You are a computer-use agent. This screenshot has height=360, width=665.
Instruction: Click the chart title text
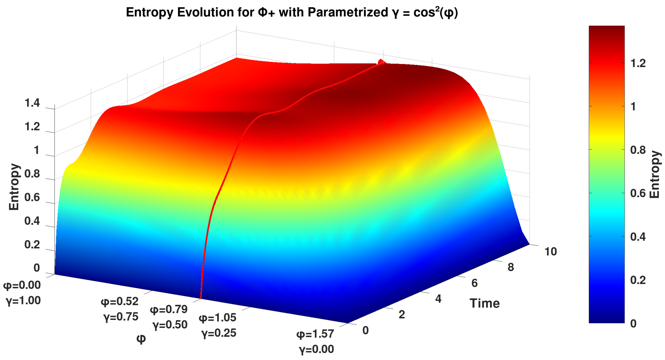pyautogui.click(x=291, y=13)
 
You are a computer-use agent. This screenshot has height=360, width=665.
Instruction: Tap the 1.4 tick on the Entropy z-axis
pyautogui.click(x=32, y=103)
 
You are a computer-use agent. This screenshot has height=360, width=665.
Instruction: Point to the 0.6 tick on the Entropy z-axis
pyautogui.click(x=32, y=197)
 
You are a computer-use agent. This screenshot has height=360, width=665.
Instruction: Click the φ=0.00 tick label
pyautogui.click(x=22, y=285)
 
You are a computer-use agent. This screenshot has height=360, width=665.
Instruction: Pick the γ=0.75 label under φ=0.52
pyautogui.click(x=121, y=317)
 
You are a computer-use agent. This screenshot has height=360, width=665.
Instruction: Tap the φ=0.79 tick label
pyautogui.click(x=169, y=309)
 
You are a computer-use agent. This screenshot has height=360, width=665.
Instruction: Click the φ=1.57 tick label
pyautogui.click(x=315, y=334)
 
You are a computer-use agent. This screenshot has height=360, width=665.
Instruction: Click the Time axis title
pyautogui.click(x=484, y=303)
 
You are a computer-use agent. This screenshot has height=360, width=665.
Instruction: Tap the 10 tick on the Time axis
pyautogui.click(x=550, y=251)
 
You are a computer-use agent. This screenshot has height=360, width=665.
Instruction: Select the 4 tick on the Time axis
pyautogui.click(x=438, y=299)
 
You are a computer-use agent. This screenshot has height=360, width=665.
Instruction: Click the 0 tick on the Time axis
pyautogui.click(x=365, y=330)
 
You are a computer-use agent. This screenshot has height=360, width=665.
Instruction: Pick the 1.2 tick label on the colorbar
pyautogui.click(x=638, y=63)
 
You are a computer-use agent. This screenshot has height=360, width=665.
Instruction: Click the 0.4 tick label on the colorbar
pyautogui.click(x=638, y=236)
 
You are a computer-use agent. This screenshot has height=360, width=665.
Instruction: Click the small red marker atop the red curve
pyautogui.click(x=381, y=62)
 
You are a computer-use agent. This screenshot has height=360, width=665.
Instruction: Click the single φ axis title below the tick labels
pyautogui.click(x=141, y=339)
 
